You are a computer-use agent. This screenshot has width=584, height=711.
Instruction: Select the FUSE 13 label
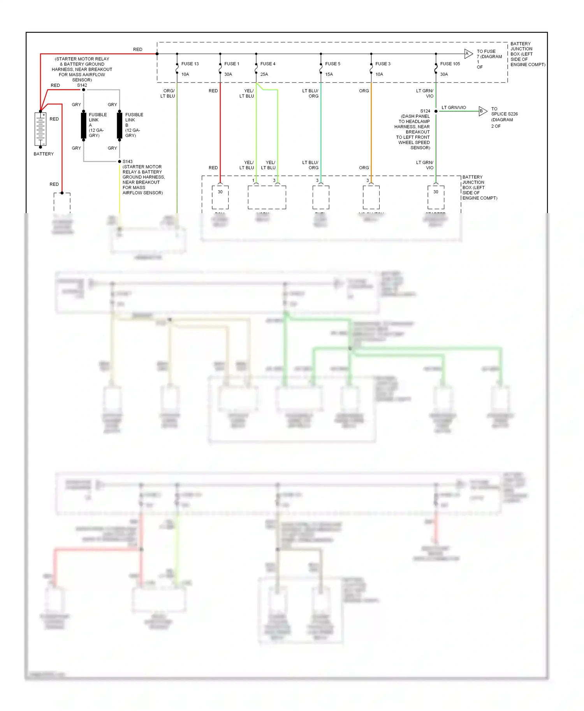pyautogui.click(x=190, y=64)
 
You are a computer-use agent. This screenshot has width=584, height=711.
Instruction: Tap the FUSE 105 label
pyautogui.click(x=450, y=64)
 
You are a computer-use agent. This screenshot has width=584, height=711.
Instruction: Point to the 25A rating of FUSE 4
pyautogui.click(x=264, y=74)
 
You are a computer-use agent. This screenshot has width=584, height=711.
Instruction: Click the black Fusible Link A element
pyautogui.click(x=83, y=125)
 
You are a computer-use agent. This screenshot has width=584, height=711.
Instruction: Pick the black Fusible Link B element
pyautogui.click(x=120, y=125)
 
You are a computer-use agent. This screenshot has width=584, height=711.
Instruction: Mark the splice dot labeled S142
pyautogui.click(x=83, y=90)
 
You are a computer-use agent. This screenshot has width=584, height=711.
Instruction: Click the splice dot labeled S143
pyautogui.click(x=120, y=161)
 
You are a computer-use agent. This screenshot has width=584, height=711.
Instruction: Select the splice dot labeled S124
pyautogui.click(x=436, y=111)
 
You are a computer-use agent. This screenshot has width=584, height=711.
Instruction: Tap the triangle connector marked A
pyautogui.click(x=468, y=54)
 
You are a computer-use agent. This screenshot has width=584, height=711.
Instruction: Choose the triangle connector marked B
pyautogui.click(x=482, y=111)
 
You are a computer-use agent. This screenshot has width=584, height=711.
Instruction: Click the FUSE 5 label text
pyautogui.click(x=332, y=64)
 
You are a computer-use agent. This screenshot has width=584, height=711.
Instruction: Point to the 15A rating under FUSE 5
pyautogui.click(x=329, y=74)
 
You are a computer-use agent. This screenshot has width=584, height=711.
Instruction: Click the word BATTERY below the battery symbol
pyautogui.click(x=44, y=154)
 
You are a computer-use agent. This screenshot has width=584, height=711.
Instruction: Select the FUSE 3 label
pyautogui.click(x=383, y=64)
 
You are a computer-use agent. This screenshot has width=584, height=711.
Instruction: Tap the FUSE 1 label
pyautogui.click(x=232, y=64)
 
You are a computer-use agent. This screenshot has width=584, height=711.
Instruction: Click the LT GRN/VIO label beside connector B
pyautogui.click(x=454, y=107)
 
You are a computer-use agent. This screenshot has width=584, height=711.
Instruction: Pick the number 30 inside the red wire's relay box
pyautogui.click(x=220, y=192)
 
